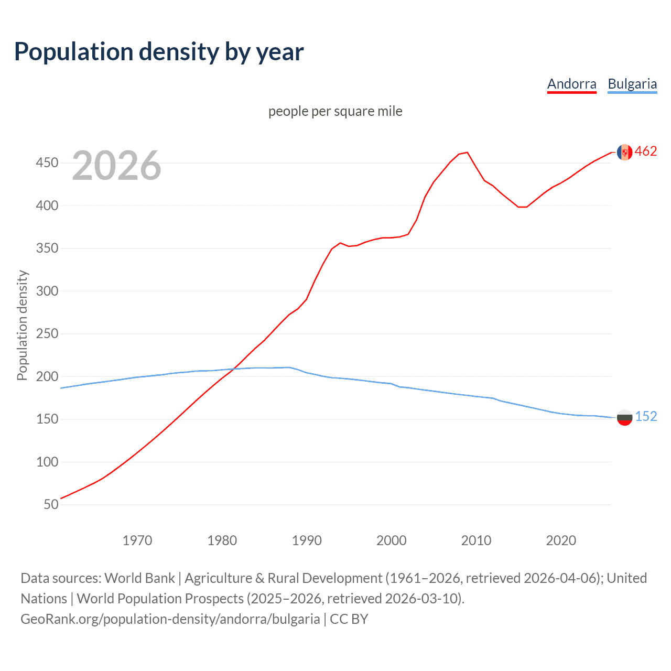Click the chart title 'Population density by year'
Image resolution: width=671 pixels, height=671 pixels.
point(159,52)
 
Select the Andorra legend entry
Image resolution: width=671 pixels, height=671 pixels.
point(571,84)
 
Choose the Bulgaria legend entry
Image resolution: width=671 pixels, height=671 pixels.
point(632,84)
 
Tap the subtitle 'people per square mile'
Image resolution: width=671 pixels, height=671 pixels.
point(335,111)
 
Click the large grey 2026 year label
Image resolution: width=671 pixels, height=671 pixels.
point(116,166)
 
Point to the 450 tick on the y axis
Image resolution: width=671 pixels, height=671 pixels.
point(47,163)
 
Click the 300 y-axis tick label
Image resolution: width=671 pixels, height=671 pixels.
point(47,291)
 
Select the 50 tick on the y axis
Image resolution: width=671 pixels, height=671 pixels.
point(51,504)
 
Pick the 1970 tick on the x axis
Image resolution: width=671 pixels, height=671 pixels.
point(137,540)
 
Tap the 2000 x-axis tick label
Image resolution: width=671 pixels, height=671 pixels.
point(391,540)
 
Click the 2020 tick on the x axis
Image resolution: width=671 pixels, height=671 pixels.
point(561,540)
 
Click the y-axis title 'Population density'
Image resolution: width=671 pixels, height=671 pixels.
point(22,325)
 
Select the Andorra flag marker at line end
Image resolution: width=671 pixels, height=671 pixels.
point(624,152)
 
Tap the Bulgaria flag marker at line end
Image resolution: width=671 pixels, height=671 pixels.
point(624,418)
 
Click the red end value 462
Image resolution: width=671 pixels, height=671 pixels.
point(646,151)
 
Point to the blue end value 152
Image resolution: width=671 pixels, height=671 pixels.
point(646,416)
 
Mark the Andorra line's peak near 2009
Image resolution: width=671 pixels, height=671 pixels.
point(467,153)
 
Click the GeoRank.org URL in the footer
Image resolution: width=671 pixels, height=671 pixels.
point(170,619)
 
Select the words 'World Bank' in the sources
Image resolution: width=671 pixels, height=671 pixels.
point(139,578)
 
